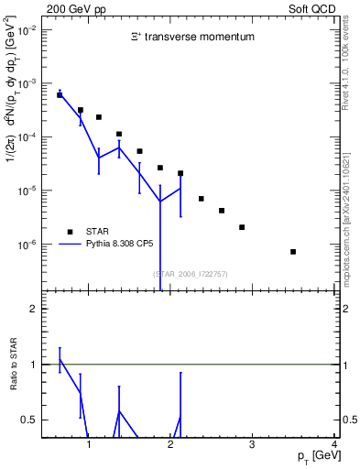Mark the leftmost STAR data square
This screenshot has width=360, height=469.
point(60,94)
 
